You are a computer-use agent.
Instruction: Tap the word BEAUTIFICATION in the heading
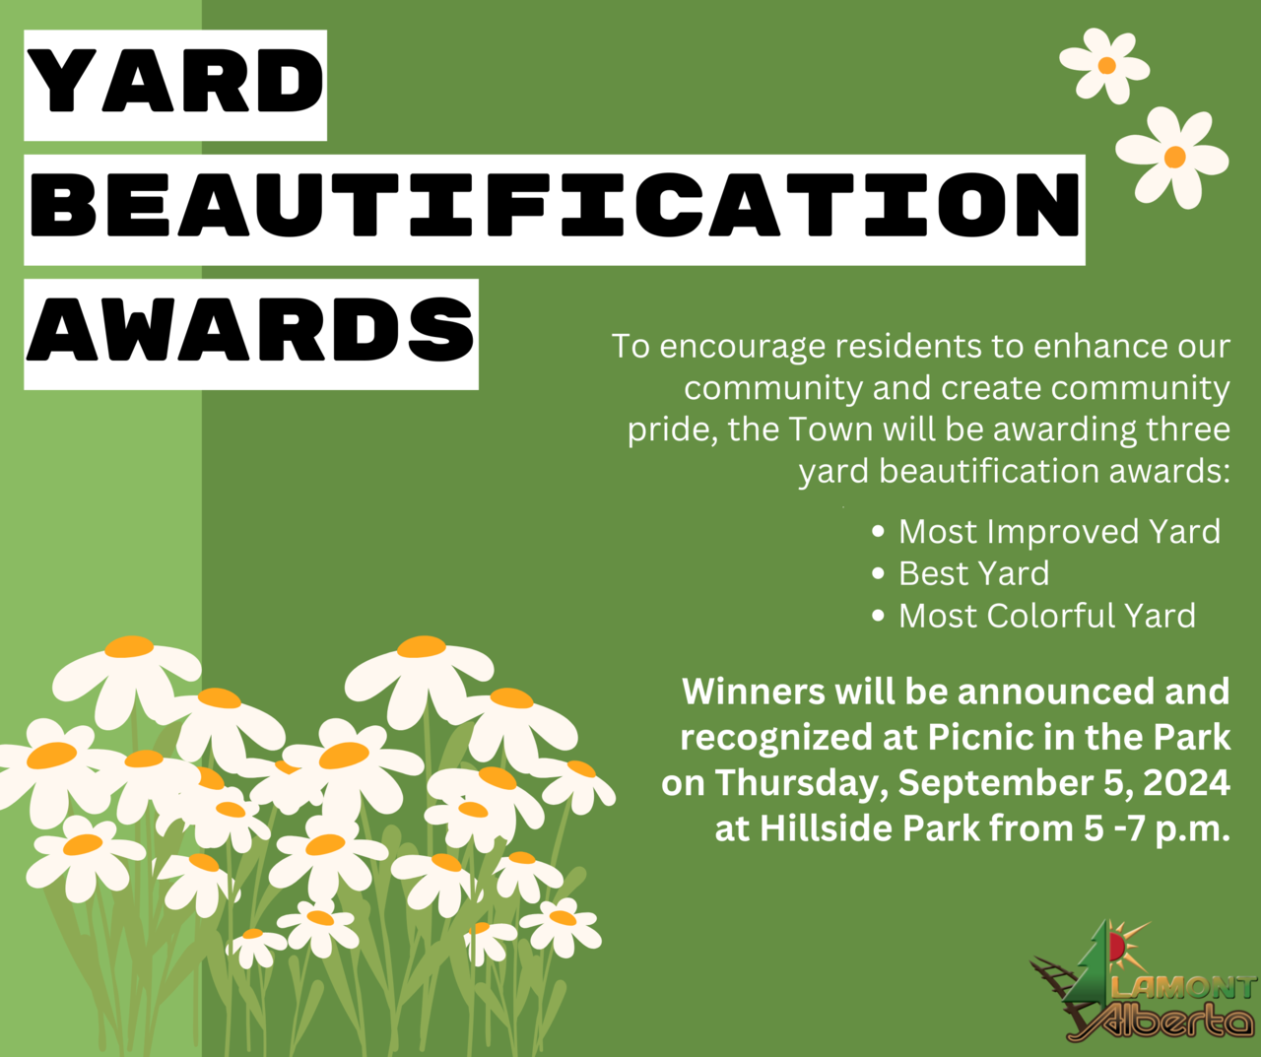click(x=555, y=205)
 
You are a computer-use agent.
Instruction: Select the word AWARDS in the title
click(x=250, y=330)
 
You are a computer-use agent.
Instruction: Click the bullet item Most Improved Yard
click(x=1059, y=532)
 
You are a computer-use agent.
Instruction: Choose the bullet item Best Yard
click(x=973, y=573)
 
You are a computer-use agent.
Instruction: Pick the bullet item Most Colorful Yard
click(x=1046, y=616)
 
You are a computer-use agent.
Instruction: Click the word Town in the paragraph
click(x=831, y=429)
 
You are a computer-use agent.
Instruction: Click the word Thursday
click(x=801, y=784)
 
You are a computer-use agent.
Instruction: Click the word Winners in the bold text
click(x=753, y=692)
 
